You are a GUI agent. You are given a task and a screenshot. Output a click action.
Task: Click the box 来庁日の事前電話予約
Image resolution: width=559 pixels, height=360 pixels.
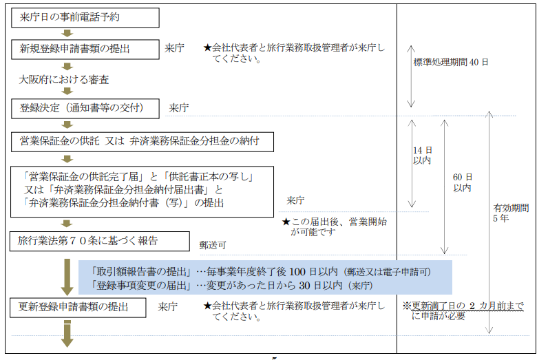85,18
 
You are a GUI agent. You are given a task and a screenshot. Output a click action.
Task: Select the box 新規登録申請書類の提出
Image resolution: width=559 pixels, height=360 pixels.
85,49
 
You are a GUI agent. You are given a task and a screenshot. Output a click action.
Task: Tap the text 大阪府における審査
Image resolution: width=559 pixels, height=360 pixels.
64,79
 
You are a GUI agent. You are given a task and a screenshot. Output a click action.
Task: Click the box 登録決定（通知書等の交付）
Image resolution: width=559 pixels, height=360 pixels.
85,108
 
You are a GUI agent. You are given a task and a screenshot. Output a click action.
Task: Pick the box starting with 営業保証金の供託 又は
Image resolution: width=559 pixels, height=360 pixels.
143,142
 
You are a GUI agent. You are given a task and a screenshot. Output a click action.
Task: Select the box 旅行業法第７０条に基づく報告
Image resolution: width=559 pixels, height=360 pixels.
99,242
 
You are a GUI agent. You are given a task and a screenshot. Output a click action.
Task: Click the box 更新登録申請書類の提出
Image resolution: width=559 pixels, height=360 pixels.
78,307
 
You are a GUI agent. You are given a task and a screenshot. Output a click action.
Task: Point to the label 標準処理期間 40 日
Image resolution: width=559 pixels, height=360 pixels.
451,62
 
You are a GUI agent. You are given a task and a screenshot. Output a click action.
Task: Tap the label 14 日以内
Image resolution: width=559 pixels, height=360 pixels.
423,156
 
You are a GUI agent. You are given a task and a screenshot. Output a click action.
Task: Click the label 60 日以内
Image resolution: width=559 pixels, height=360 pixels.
463,182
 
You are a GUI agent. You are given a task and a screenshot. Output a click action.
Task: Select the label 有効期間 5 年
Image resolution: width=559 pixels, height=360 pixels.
511,213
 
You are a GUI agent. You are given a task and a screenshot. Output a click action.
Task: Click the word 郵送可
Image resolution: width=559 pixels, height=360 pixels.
213,245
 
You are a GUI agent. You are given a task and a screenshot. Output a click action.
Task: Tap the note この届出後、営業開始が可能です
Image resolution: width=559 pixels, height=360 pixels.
335,226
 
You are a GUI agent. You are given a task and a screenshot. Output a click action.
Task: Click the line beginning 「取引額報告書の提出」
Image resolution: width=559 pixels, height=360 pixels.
261,272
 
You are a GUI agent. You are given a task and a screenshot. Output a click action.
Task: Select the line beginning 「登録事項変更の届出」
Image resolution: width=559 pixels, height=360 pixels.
231,286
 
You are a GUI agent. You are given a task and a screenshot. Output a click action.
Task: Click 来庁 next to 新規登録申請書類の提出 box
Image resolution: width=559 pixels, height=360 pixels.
174,47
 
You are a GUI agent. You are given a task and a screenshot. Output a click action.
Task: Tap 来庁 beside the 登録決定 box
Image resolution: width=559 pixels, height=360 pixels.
178,107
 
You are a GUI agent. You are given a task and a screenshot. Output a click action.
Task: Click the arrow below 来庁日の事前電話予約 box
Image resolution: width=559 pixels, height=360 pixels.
67,33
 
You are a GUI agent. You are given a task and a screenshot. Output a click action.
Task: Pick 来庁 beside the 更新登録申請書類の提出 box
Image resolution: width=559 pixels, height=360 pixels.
167,306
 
